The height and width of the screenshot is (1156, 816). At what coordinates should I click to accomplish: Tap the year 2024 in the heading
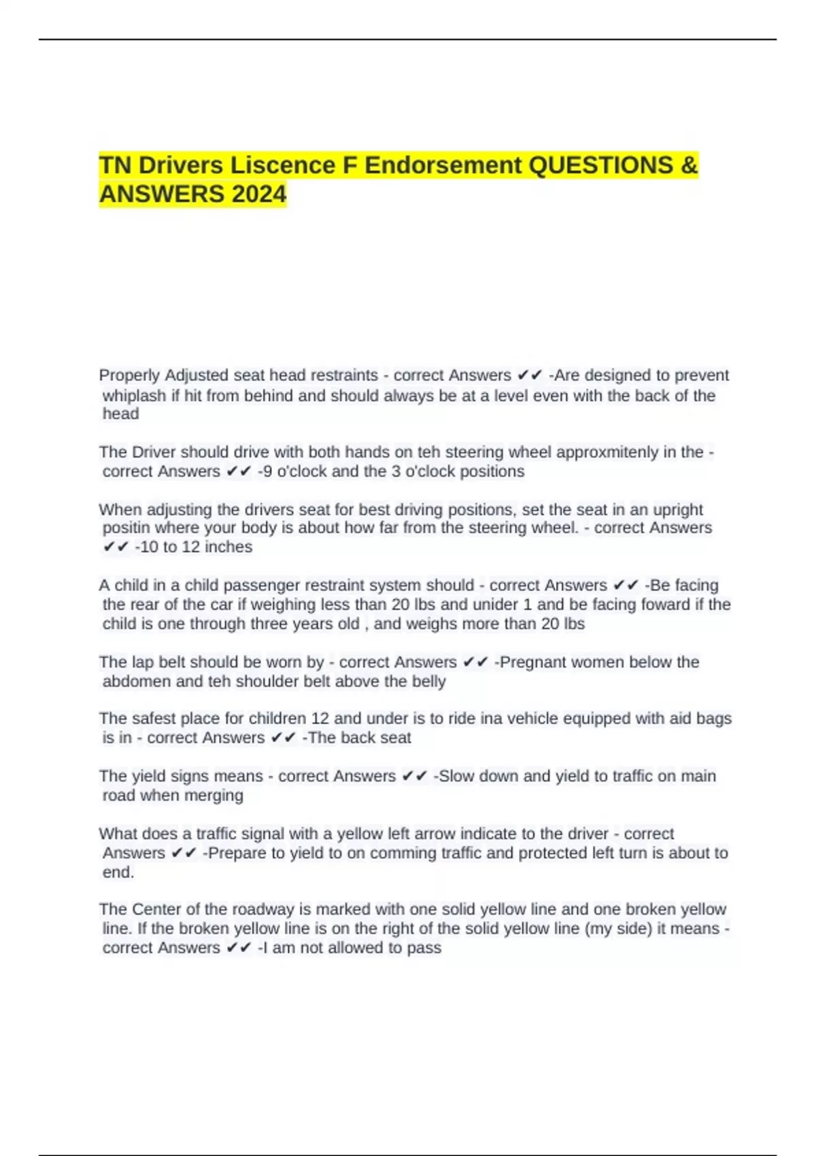(x=259, y=194)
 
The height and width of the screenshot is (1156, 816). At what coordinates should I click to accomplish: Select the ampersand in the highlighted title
(x=688, y=165)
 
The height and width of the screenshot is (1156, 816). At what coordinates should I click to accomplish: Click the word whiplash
(x=134, y=396)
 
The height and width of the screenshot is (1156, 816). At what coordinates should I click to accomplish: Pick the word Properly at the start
(x=129, y=375)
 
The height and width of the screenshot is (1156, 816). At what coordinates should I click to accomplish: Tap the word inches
(x=228, y=547)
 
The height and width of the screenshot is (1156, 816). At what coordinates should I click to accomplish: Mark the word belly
(x=428, y=681)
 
